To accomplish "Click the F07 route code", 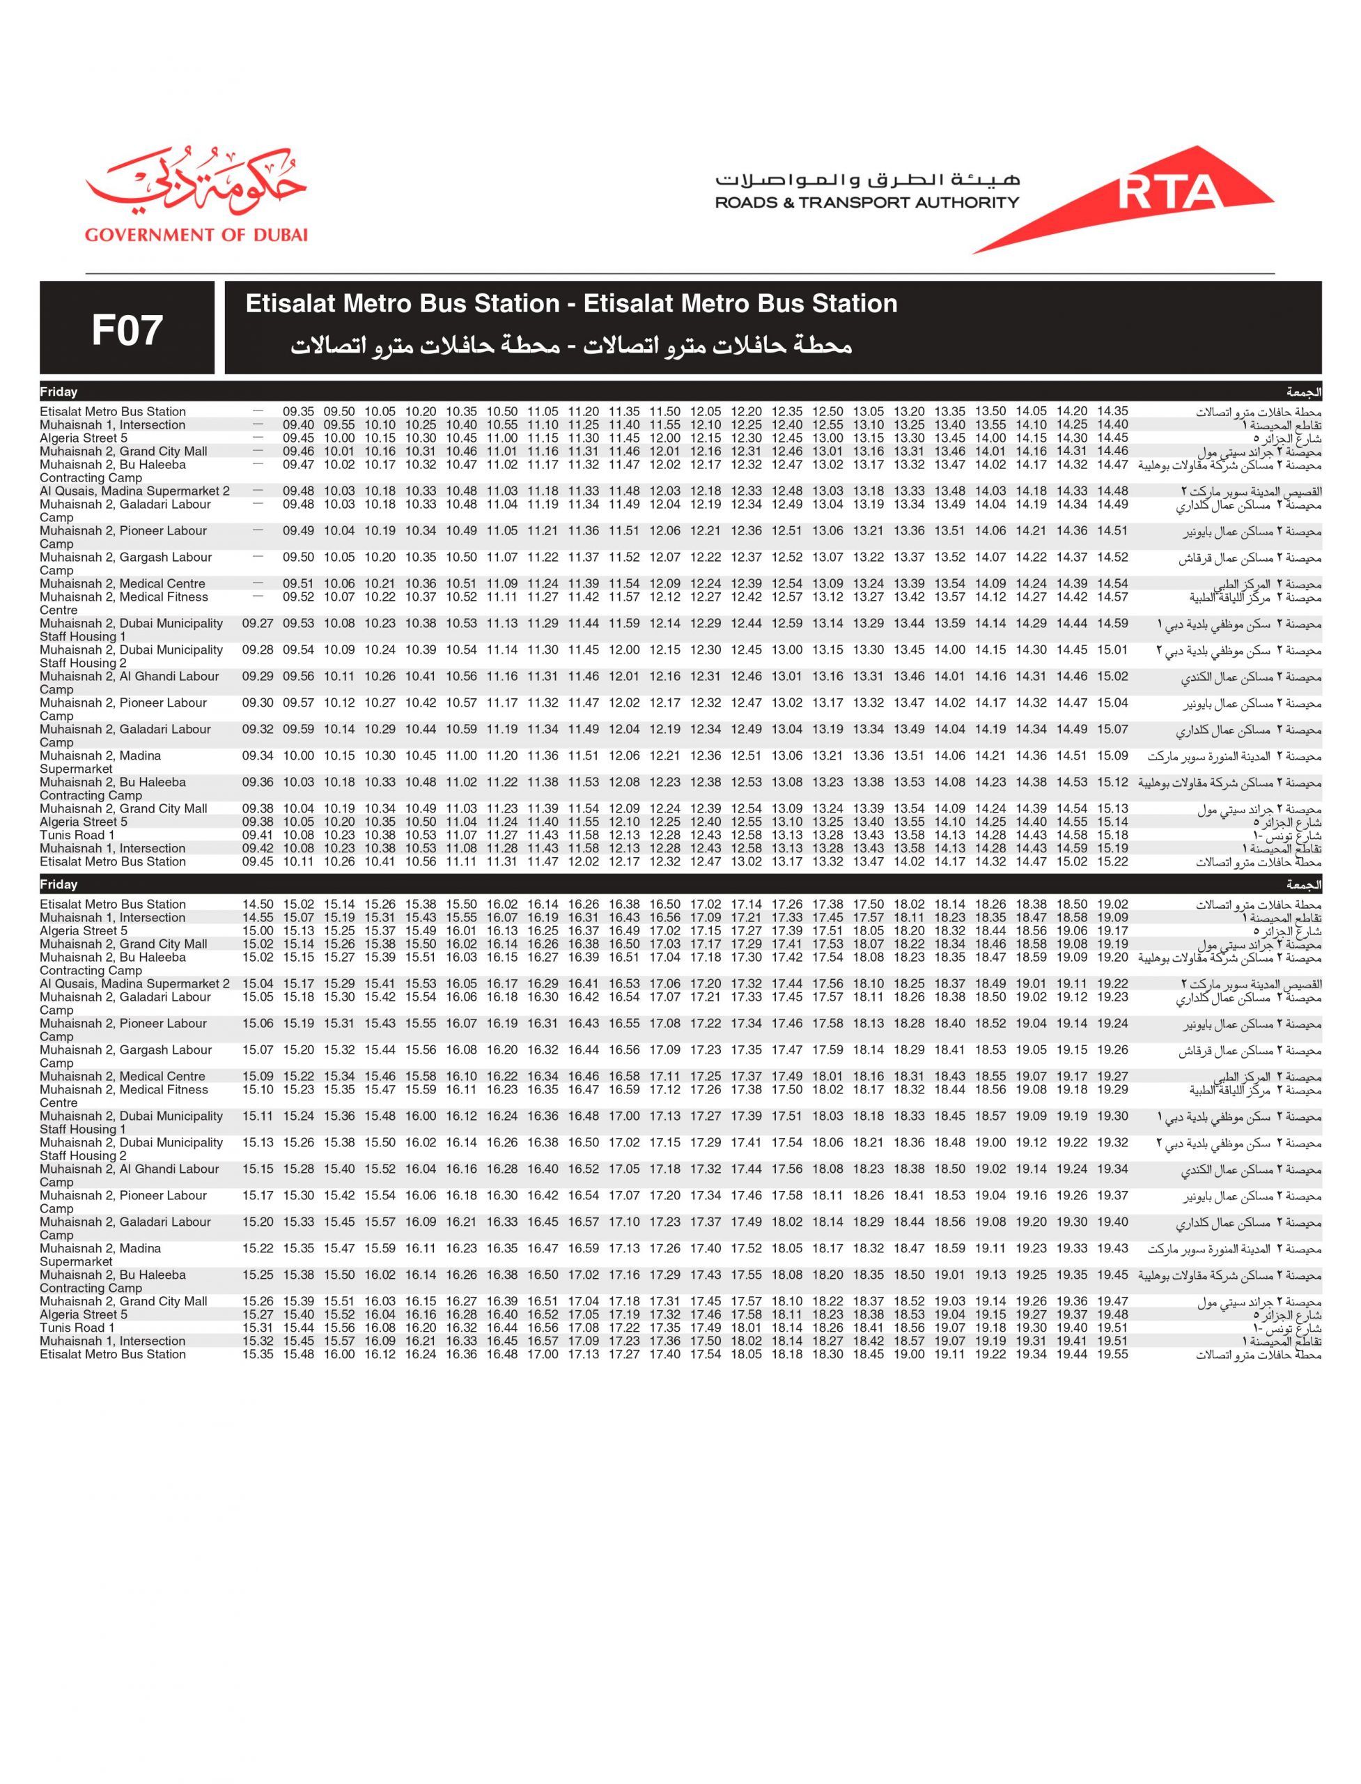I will click(x=127, y=330).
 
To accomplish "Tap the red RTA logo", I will click(x=1167, y=193).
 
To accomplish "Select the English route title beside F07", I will click(x=571, y=304).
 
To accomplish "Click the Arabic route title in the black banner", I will click(x=571, y=346).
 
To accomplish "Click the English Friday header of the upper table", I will click(x=59, y=392).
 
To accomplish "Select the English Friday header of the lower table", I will click(x=59, y=885).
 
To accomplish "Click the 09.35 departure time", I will click(x=298, y=412).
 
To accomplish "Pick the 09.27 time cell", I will click(x=258, y=623).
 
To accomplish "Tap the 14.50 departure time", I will click(x=258, y=905).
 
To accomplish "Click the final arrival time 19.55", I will click(x=1112, y=1355).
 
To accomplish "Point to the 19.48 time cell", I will click(x=1112, y=1315).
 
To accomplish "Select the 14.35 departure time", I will click(x=1112, y=412).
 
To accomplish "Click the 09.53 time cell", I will click(x=298, y=623).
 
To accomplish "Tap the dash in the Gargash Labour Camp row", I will click(x=258, y=557).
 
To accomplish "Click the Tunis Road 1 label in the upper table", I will click(x=77, y=835).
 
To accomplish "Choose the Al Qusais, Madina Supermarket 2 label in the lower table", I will click(x=134, y=984).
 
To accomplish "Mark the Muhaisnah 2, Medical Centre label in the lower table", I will click(x=123, y=1077).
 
